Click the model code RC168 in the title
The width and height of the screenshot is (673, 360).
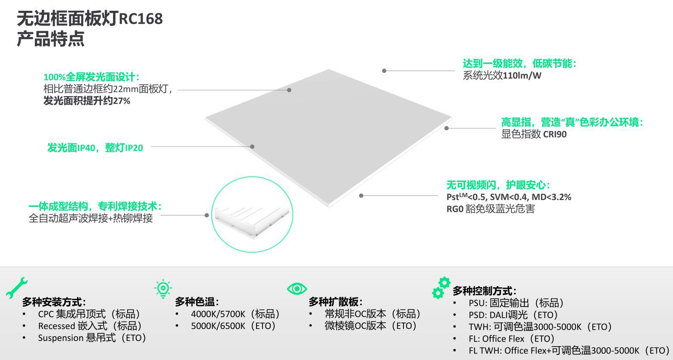tap(141, 19)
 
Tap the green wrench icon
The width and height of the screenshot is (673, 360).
tap(16, 288)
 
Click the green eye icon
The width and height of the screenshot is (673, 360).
tap(297, 289)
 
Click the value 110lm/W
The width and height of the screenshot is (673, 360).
tap(522, 75)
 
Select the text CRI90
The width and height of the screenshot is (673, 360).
tap(554, 134)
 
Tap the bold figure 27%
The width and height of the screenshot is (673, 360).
tap(122, 101)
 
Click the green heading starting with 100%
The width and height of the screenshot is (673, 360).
tap(91, 77)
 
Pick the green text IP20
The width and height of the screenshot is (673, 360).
tap(134, 148)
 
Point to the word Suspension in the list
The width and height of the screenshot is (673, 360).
tap(61, 338)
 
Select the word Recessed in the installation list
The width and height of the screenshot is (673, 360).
tap(56, 326)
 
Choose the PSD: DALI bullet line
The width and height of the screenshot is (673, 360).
tap(513, 315)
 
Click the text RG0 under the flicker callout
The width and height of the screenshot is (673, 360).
tap(455, 209)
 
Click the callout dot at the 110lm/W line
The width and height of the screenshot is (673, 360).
tap(384, 71)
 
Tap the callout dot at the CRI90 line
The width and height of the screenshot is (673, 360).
tap(447, 128)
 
